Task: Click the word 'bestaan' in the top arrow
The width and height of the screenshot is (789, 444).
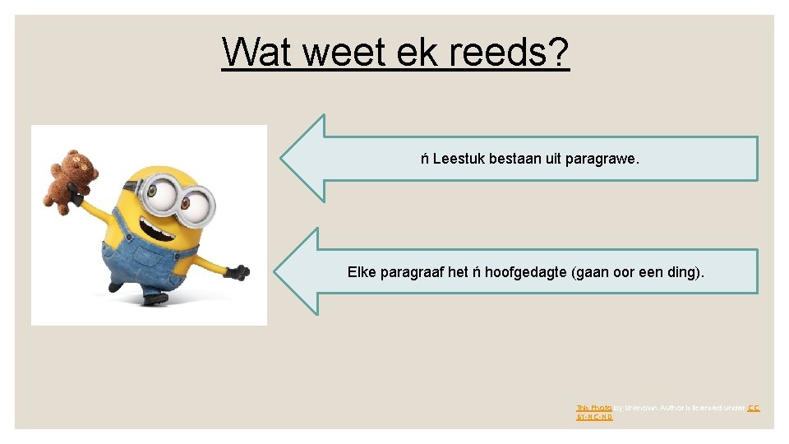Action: [515, 159]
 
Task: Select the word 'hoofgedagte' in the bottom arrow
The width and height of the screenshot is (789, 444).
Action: [525, 272]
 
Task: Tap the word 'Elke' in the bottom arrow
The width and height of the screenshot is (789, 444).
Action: [362, 272]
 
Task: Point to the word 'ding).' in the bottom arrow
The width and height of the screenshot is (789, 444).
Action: [685, 272]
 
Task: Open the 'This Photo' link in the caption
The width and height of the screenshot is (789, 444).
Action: [588, 408]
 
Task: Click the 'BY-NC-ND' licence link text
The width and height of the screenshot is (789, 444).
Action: [594, 418]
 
